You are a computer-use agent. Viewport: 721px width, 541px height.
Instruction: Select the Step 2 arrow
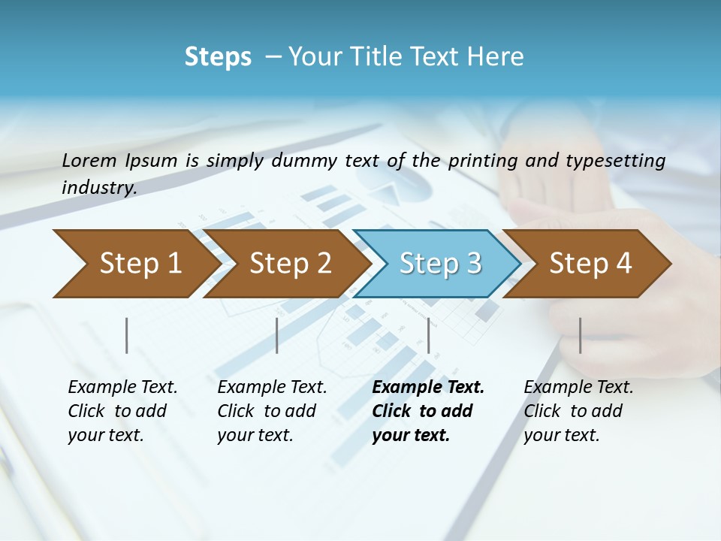(289, 264)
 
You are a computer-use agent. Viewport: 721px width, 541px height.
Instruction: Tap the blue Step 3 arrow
(439, 264)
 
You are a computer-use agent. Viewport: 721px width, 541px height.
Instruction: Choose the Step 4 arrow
(590, 264)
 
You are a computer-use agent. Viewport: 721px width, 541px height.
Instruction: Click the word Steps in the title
(218, 57)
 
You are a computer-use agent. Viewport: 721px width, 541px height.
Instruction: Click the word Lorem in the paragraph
(89, 160)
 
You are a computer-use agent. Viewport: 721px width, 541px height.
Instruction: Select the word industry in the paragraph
(98, 188)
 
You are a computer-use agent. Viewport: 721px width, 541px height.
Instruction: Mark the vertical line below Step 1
(127, 335)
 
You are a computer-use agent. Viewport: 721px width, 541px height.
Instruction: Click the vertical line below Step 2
(277, 335)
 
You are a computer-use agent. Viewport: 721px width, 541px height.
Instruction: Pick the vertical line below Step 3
(428, 335)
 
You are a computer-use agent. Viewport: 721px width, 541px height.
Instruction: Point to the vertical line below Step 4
(580, 335)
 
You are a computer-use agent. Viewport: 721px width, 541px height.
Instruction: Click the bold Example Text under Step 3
(428, 388)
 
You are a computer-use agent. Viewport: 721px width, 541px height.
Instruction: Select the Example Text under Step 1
(122, 388)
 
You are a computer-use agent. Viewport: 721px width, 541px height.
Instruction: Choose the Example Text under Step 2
(272, 388)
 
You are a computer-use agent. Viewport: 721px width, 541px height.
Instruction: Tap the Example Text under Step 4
(578, 388)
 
